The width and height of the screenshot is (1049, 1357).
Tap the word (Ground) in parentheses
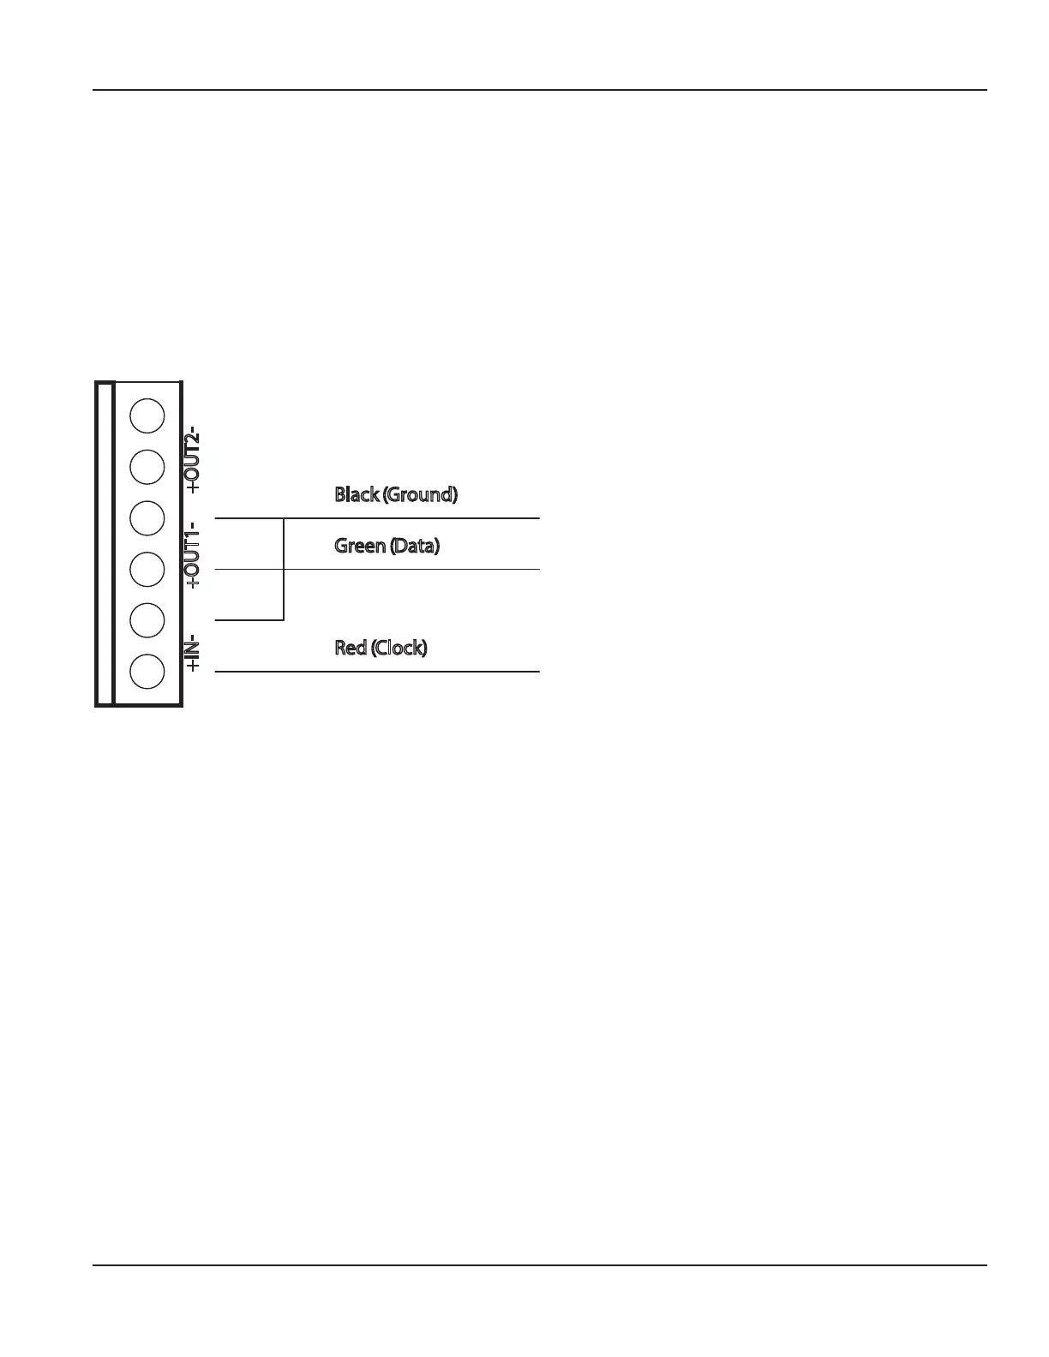(x=420, y=494)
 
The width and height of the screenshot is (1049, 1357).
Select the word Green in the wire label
(x=359, y=546)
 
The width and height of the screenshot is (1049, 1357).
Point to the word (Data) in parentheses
(x=414, y=546)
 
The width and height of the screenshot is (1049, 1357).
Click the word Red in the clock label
(x=351, y=648)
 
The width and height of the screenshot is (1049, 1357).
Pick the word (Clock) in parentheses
(x=399, y=648)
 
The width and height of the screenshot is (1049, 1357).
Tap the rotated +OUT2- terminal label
(x=194, y=459)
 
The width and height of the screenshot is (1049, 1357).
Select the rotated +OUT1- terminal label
(x=194, y=554)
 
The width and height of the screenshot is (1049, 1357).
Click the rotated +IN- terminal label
(x=194, y=653)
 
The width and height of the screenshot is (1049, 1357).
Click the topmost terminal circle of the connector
(x=147, y=415)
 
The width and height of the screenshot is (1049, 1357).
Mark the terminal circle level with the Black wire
(x=147, y=517)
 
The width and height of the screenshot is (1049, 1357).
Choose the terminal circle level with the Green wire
(x=147, y=569)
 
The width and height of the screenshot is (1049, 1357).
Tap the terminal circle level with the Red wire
(x=147, y=671)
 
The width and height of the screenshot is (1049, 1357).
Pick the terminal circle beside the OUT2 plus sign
(x=147, y=466)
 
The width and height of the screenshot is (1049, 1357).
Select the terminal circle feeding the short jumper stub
(x=147, y=619)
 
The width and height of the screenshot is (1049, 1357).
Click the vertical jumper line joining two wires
(x=284, y=569)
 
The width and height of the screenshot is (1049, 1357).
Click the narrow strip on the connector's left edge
(x=105, y=544)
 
